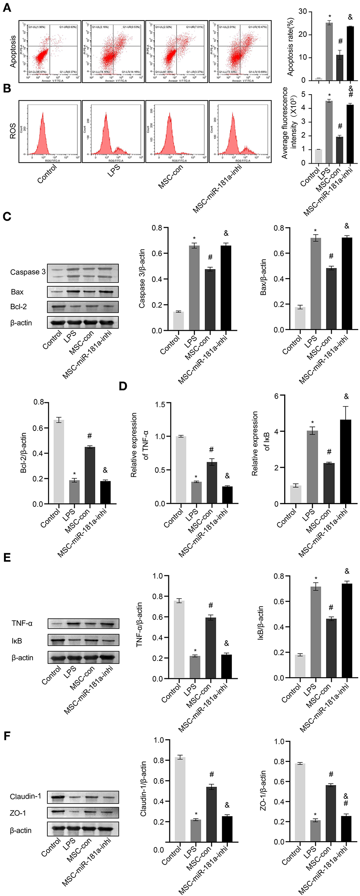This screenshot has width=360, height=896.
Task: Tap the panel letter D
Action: (123, 386)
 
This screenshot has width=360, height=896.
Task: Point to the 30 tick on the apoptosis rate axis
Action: (303, 12)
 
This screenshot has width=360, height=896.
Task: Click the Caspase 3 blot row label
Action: (28, 272)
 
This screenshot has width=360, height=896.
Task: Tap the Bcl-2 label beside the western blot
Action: (18, 307)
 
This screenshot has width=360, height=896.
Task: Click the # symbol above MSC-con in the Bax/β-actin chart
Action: (331, 256)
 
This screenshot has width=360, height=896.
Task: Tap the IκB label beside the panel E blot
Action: (17, 641)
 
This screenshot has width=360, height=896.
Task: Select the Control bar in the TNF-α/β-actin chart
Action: (179, 639)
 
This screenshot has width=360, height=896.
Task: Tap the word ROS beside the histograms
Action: (13, 131)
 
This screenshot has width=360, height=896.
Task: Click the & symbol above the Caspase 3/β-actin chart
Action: (226, 233)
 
